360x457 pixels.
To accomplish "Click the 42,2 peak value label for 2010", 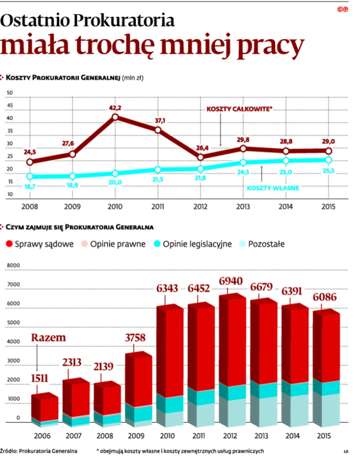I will coord(115,108).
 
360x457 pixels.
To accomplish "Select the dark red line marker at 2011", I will coord(158,130).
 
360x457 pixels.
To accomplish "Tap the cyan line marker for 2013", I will coord(243,163).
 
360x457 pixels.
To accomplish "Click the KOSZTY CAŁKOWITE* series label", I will coord(239,108).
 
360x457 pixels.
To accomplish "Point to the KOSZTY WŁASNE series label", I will coord(273,188).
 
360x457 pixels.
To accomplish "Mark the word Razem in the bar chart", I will coord(49,338).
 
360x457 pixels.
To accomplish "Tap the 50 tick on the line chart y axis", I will coord(9,93).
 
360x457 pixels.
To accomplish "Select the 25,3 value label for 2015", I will coord(328,170).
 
